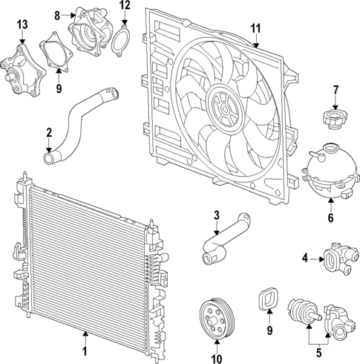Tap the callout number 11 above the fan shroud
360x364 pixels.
[x=255, y=29]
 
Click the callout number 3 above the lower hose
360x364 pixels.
[x=216, y=215]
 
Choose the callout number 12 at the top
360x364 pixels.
[x=125, y=6]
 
